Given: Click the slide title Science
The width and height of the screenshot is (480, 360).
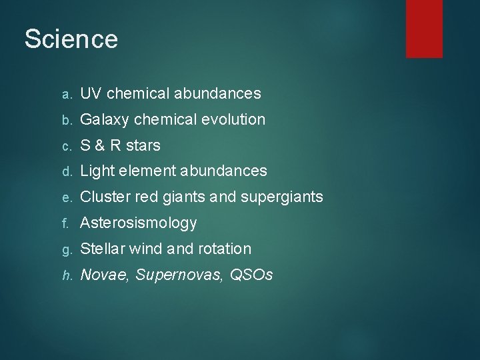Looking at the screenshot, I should point(71,39).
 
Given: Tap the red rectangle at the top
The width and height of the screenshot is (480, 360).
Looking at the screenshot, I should point(425,28).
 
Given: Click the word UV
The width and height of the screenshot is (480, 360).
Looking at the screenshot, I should point(91,94).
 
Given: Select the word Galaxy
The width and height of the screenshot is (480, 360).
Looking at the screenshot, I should point(105,120).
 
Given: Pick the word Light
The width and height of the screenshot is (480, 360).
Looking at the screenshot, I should point(95,171).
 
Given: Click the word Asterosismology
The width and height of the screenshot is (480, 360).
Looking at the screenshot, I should point(139,223).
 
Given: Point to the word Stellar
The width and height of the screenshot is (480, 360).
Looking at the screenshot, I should point(102,249).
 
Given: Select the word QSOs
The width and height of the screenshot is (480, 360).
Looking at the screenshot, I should point(251,275).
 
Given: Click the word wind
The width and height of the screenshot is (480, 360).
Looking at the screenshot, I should point(145,249).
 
